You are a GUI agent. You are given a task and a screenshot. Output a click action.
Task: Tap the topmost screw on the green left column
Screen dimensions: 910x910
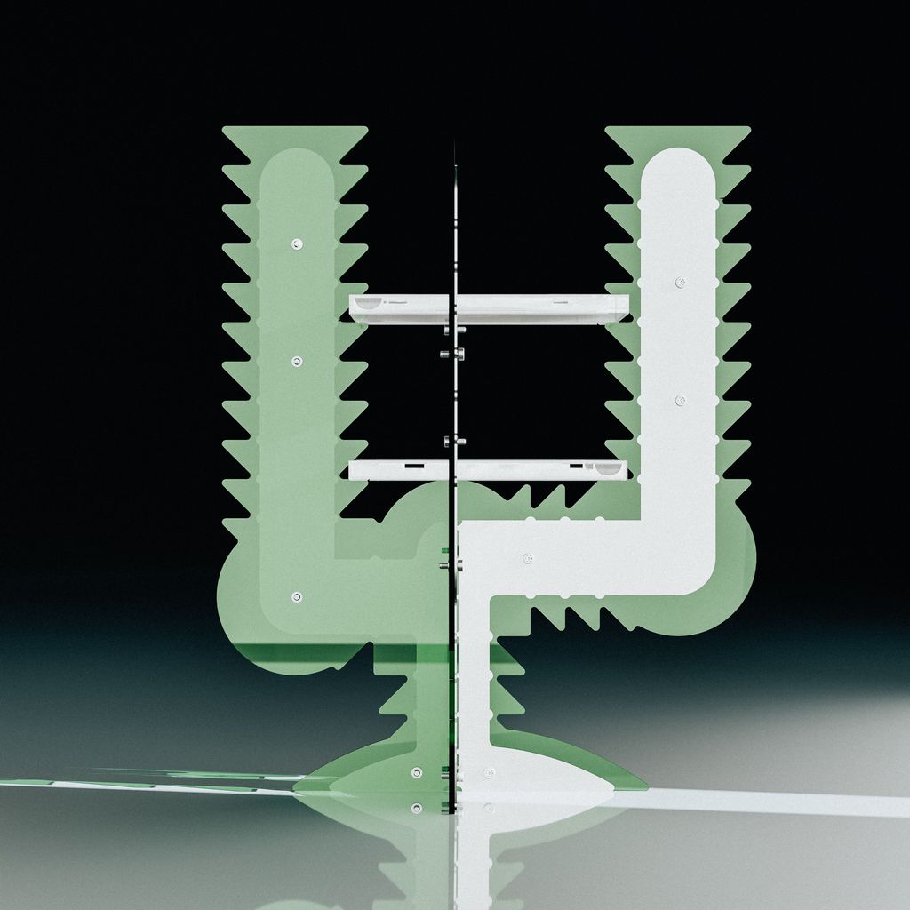297,243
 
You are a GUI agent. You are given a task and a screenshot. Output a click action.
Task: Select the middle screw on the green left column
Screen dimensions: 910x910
297,362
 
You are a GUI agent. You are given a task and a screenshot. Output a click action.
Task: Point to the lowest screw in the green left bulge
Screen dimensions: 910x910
297,596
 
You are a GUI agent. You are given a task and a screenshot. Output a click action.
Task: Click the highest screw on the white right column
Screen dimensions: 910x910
680,283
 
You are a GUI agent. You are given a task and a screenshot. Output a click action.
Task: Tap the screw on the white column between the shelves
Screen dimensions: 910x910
680,401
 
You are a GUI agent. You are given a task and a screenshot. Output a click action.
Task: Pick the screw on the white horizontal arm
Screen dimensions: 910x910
527,558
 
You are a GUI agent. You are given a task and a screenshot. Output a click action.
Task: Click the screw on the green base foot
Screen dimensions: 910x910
416,772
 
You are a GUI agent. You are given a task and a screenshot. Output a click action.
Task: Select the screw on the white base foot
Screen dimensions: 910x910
489,773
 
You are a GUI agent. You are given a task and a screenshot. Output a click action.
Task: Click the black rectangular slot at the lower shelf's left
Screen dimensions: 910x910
413,465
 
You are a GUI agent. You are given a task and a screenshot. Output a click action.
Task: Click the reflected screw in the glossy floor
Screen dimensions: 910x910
416,808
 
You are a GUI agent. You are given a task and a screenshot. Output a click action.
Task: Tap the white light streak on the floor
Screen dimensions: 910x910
782,804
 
